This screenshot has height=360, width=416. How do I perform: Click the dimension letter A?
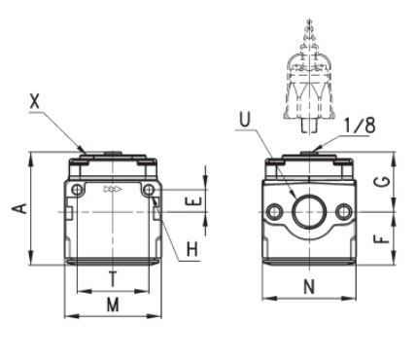coord(20,208)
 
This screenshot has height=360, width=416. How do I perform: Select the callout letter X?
coord(35,101)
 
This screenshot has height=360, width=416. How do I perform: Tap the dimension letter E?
coord(193,201)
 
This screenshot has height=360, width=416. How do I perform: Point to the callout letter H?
coord(192,250)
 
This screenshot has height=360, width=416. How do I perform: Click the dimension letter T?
coord(113,279)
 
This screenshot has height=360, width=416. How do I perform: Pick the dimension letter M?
coord(113,305)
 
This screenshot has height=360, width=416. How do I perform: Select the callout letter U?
coord(245,119)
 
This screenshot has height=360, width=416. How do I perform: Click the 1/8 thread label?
coord(360,126)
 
